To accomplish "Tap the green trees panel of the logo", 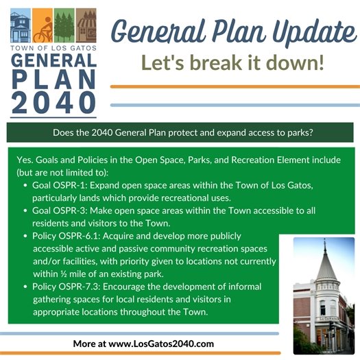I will click(x=64, y=27).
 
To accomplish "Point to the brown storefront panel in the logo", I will click(x=86, y=27).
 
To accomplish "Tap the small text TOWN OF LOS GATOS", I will click(x=53, y=49).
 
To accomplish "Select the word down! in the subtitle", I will click(x=300, y=63).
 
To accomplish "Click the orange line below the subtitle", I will click(x=234, y=86).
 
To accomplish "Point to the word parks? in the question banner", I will click(x=296, y=133).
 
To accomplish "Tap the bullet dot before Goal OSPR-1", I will click(x=25, y=186).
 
